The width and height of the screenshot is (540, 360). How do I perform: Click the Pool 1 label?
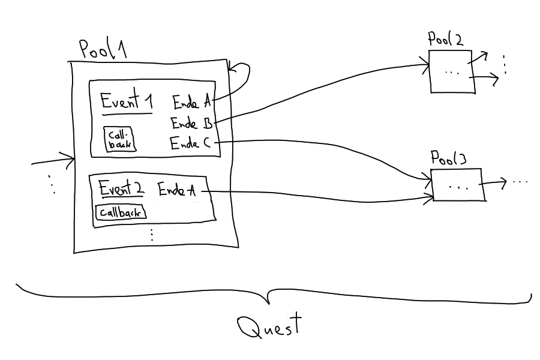pos(103,50)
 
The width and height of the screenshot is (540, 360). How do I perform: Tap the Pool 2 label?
pos(445,40)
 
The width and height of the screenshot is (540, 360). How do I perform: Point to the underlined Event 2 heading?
pos(122,189)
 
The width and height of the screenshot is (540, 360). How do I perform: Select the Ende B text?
pos(192,124)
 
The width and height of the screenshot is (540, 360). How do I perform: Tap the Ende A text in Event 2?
pos(177,190)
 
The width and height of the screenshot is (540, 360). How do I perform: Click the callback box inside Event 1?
pos(119,139)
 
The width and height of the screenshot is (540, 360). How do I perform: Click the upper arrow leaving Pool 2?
pos(479,57)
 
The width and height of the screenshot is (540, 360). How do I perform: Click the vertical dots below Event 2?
pos(151,233)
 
